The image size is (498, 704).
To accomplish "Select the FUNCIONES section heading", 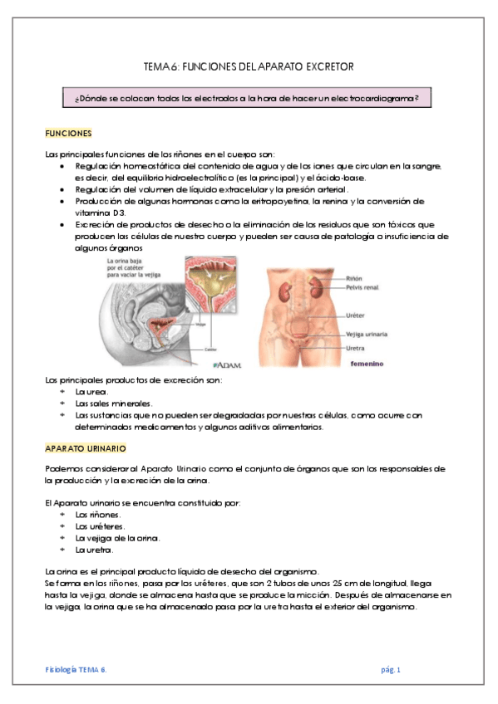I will pos(68,133).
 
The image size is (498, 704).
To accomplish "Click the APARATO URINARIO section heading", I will pos(85,448).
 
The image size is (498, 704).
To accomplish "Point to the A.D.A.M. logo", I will pos(226,364).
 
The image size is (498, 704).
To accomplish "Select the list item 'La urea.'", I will pos(89,392).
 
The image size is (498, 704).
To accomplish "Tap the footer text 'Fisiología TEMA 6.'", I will pos(76,668).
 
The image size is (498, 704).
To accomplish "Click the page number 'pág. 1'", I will pos(390,668).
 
